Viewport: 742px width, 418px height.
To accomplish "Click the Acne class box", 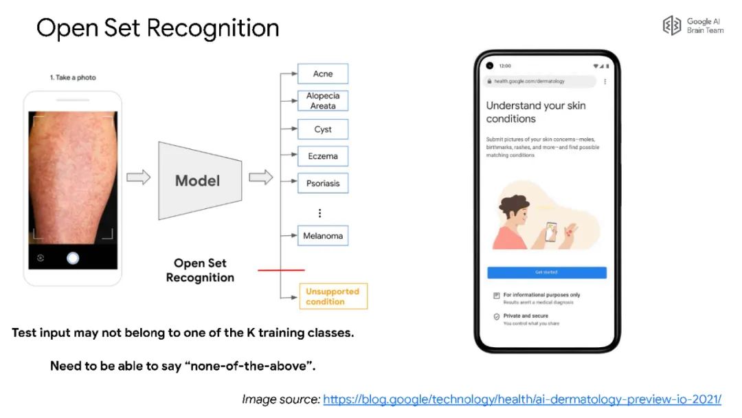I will pos(322,74).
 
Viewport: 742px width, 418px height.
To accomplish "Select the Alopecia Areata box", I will pos(322,101).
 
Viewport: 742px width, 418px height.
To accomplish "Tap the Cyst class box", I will pos(322,129).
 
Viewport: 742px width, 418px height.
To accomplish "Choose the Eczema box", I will pos(322,156).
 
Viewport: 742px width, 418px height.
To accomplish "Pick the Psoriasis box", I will pos(322,184).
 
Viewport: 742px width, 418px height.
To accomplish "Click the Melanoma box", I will pos(322,236).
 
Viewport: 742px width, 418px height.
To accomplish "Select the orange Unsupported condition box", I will pos(333,296).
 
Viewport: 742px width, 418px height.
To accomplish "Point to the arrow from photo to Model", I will pos(139,177).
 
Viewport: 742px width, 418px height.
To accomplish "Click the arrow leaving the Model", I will pos(260,177).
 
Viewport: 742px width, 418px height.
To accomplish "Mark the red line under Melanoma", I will pos(281,270).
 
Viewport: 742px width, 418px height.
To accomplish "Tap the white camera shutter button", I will pos(73,258).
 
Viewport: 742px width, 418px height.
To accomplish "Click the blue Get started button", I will pos(547,272).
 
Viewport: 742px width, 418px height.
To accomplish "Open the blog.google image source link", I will pos(521,399).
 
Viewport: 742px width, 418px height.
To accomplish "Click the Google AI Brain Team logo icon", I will pos(671,26).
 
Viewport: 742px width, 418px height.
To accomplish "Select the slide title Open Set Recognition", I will pos(158,28).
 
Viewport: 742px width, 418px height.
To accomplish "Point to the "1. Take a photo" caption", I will pos(73,78).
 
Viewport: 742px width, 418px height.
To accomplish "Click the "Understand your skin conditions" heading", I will pos(536,112).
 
